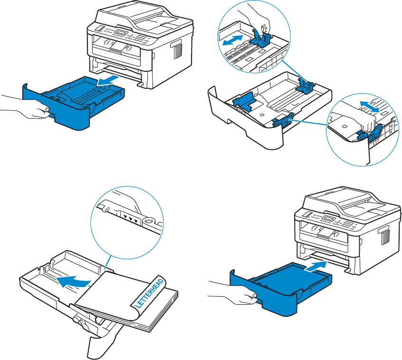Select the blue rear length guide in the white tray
click(304, 86)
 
